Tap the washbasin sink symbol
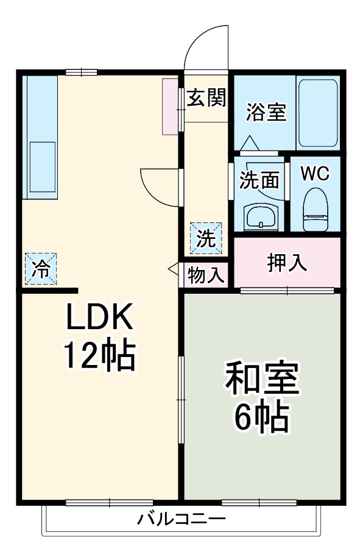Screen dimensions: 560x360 pyautogui.click(x=260, y=216)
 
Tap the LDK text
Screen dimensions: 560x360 pyautogui.click(x=99, y=317)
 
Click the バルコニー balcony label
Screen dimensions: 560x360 pyautogui.click(x=181, y=520)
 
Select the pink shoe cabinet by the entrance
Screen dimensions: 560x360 pyautogui.click(x=169, y=106)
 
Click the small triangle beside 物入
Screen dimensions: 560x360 pyautogui.click(x=174, y=268)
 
